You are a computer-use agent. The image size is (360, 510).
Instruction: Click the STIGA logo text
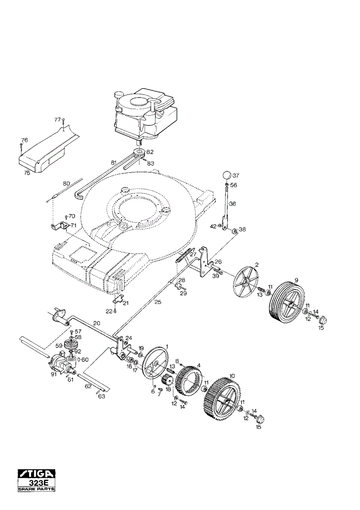pyautogui.click(x=36, y=473)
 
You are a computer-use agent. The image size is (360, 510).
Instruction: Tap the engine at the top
pyautogui.click(x=145, y=114)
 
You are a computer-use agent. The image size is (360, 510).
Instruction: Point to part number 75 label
pyautogui.click(x=28, y=173)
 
